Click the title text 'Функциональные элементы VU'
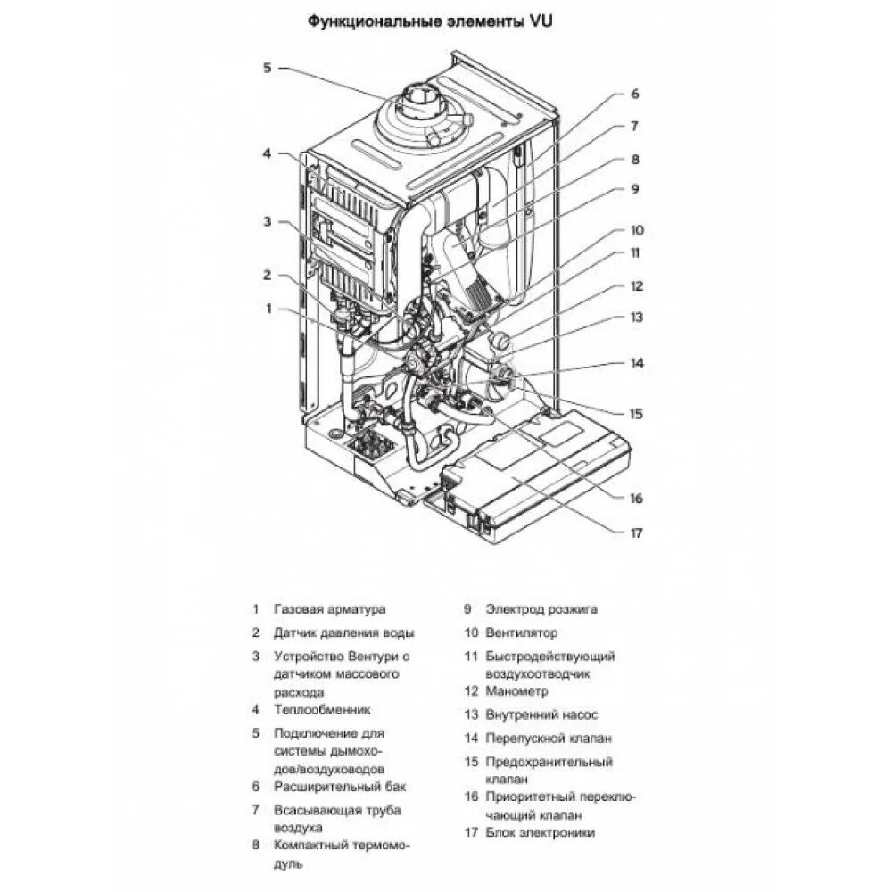tap(429, 21)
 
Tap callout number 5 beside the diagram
tap(266, 68)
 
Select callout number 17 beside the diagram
tap(636, 533)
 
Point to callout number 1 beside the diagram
tap(266, 309)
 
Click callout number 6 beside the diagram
tap(635, 94)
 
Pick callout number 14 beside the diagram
tap(636, 363)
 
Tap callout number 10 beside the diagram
tap(636, 229)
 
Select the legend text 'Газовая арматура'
tap(330, 609)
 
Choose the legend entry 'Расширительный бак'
tap(340, 787)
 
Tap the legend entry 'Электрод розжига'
tap(541, 609)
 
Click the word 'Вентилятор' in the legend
tap(522, 632)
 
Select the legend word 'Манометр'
tap(517, 690)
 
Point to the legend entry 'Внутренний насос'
tap(542, 714)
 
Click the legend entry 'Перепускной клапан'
tap(549, 739)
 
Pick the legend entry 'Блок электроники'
tap(540, 832)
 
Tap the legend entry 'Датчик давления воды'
tap(344, 632)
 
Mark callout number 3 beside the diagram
tap(266, 221)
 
